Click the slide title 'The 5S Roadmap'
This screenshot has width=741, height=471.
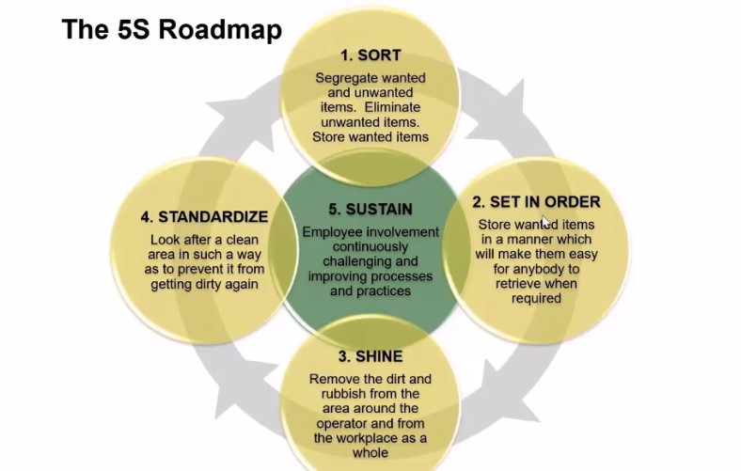[x=171, y=30]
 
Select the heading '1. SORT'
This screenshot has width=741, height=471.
[x=371, y=55]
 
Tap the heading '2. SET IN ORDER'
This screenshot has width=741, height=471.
[x=536, y=201]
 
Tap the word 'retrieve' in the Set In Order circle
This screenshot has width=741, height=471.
[x=515, y=284]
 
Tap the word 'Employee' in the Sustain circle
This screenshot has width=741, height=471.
[x=337, y=232]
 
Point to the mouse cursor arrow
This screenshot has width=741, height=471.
[x=546, y=223]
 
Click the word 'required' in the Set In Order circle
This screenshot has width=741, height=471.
[x=537, y=298]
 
